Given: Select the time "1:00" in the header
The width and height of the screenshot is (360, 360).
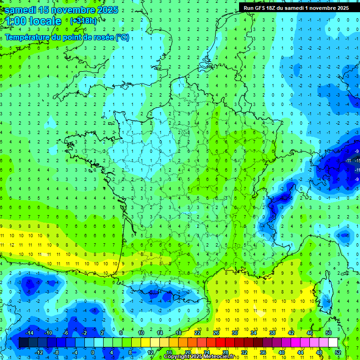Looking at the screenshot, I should tap(16, 21).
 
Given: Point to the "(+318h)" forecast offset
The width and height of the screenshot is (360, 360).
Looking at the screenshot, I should tap(84, 21).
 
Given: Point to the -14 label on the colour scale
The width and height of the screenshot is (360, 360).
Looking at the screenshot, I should tap(29, 333).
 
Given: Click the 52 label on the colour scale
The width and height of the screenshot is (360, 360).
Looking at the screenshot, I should tap(338, 352).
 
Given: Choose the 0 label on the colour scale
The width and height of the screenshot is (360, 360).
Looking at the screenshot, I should tap(93, 352).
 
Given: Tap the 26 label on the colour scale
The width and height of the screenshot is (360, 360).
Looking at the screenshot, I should tap(216, 333).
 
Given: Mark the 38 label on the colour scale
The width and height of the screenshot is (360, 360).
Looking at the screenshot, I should tap(272, 333).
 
